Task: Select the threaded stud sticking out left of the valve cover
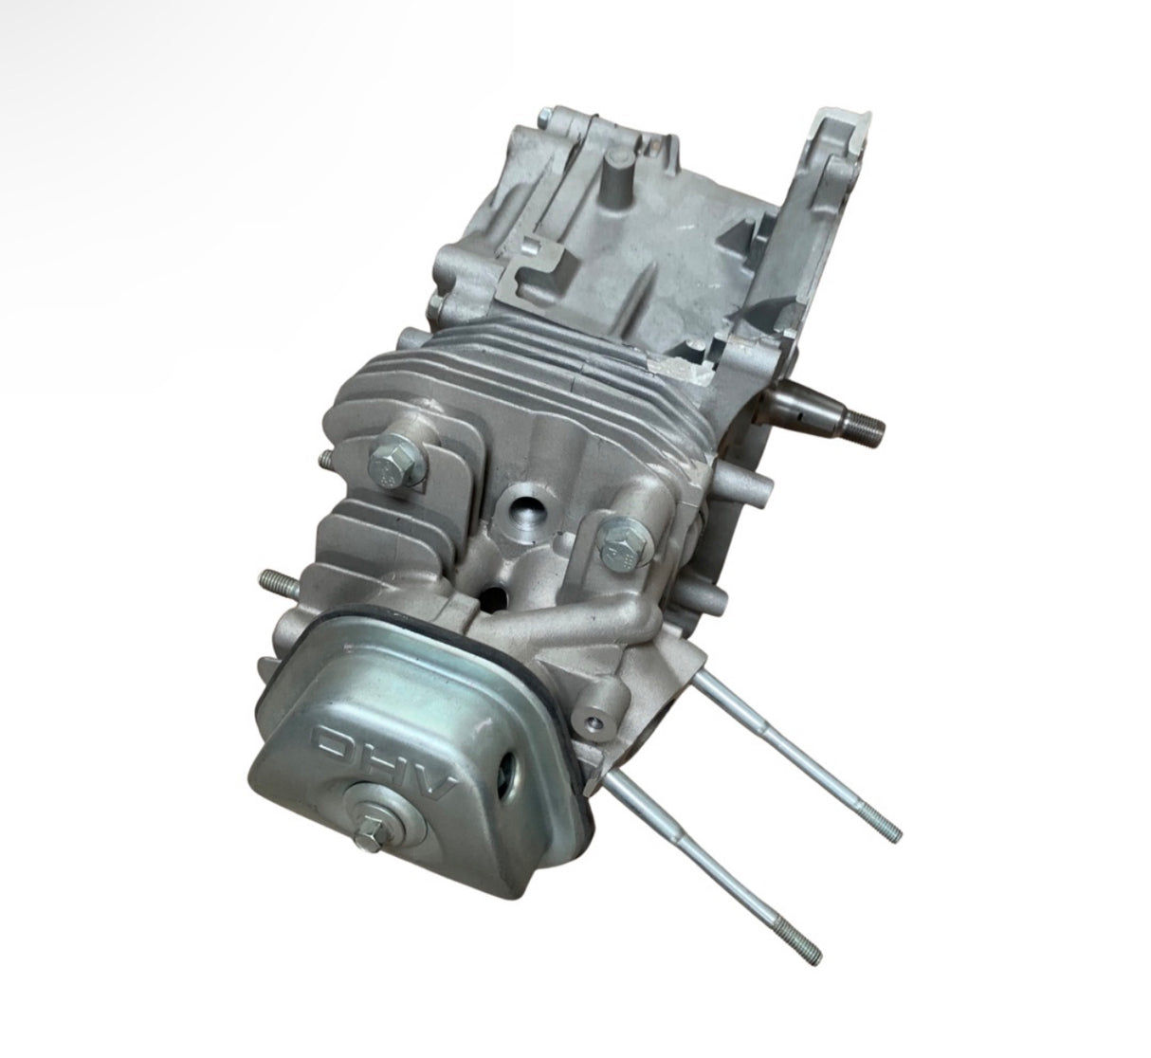click(272, 579)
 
